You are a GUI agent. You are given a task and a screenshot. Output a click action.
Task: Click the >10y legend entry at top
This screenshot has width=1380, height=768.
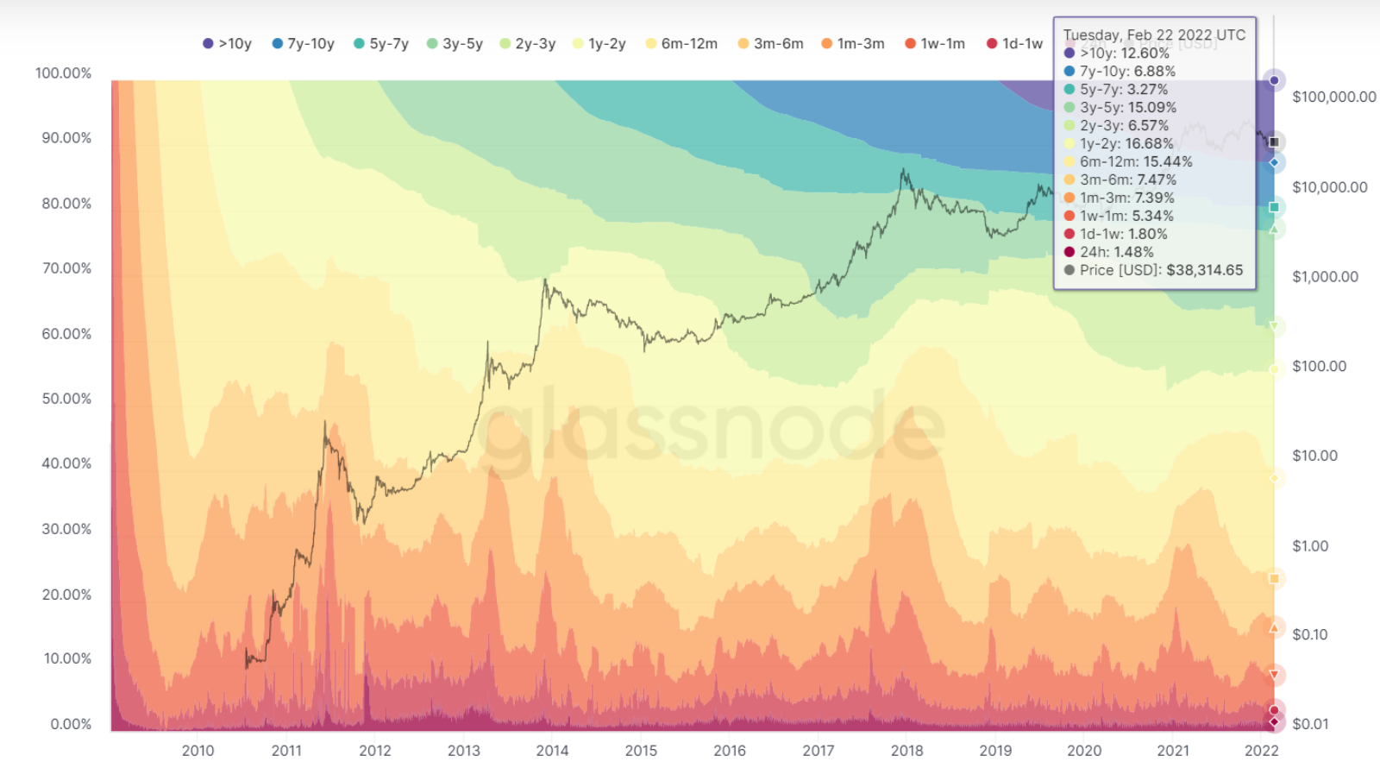pyautogui.click(x=227, y=43)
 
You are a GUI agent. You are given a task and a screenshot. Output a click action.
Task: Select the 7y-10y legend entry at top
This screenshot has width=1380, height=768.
pyautogui.click(x=303, y=43)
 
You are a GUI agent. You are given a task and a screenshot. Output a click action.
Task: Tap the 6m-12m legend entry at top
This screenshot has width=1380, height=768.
pyautogui.click(x=681, y=43)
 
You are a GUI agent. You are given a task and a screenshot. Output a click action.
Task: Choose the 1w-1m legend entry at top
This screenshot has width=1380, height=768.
pyautogui.click(x=935, y=43)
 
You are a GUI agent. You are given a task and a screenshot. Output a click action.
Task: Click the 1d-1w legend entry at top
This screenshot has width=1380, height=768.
pyautogui.click(x=1015, y=43)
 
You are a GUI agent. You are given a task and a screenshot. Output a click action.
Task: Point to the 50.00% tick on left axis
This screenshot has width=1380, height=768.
pyautogui.click(x=66, y=399)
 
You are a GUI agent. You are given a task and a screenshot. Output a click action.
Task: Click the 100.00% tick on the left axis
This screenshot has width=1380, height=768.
pyautogui.click(x=63, y=73)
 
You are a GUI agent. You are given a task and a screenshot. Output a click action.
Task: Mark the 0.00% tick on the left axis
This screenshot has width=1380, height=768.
pyautogui.click(x=71, y=724)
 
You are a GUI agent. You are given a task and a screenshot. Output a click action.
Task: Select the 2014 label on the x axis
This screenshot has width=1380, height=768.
pyautogui.click(x=552, y=751)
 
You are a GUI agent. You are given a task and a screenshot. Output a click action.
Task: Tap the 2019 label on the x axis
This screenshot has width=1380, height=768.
pyautogui.click(x=995, y=751)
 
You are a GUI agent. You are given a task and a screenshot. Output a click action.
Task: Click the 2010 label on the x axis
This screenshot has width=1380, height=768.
pyautogui.click(x=198, y=751)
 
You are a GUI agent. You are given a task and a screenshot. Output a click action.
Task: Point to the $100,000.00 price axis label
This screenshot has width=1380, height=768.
pyautogui.click(x=1333, y=97)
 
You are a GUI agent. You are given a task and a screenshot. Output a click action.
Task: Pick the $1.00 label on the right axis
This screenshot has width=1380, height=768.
pyautogui.click(x=1310, y=545)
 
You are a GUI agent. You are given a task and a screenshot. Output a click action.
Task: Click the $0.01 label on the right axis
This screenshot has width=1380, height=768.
pyautogui.click(x=1310, y=724)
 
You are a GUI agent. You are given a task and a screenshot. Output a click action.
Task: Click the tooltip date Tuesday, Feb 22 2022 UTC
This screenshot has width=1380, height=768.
pyautogui.click(x=1154, y=35)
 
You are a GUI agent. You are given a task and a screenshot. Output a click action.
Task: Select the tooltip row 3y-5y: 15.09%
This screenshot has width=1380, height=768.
pyautogui.click(x=1128, y=108)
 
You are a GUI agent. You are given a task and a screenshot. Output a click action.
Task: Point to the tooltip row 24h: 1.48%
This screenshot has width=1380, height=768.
pyautogui.click(x=1116, y=252)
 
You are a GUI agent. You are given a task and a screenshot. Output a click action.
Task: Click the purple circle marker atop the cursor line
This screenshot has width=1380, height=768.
pyautogui.click(x=1274, y=80)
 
